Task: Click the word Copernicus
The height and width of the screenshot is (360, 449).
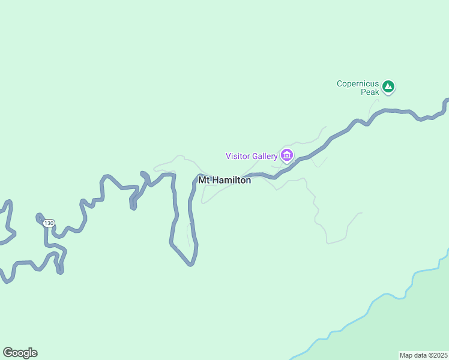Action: click(x=358, y=84)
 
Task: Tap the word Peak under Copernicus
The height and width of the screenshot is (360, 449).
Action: click(x=370, y=92)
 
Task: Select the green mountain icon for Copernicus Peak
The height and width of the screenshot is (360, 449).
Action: click(x=388, y=88)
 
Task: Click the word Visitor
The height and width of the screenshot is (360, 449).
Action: click(x=238, y=157)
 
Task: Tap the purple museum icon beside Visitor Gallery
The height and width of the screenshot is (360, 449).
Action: click(x=287, y=157)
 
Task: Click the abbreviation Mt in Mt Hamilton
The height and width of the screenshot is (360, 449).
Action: click(x=204, y=180)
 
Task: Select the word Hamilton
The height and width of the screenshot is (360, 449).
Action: click(x=232, y=180)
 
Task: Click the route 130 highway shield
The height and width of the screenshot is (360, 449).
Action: click(x=49, y=223)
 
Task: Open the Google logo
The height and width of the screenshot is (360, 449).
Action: click(x=20, y=353)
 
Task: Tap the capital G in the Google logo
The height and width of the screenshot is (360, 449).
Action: click(x=8, y=353)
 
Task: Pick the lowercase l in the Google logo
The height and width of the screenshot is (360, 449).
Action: click(x=29, y=352)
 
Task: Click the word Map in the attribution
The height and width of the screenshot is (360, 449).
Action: click(x=406, y=355)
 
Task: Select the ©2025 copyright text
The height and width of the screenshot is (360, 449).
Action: click(x=439, y=355)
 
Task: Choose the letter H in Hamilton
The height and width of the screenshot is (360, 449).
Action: click(x=217, y=180)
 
